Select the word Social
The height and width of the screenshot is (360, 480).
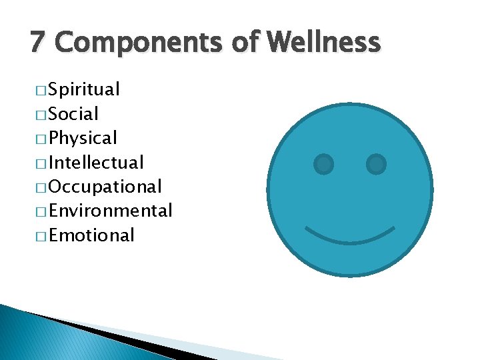pyautogui.click(x=73, y=114)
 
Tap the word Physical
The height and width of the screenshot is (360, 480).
pyautogui.click(x=83, y=139)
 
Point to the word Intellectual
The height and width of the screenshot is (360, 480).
pyautogui.click(x=96, y=163)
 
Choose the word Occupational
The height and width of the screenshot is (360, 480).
pyautogui.click(x=105, y=187)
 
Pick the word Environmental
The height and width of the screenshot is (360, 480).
pyautogui.click(x=111, y=211)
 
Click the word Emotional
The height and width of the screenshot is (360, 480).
pyautogui.click(x=91, y=235)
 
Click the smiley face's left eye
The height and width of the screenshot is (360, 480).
pyautogui.click(x=324, y=163)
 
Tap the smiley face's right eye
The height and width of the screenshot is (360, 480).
pyautogui.click(x=376, y=163)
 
